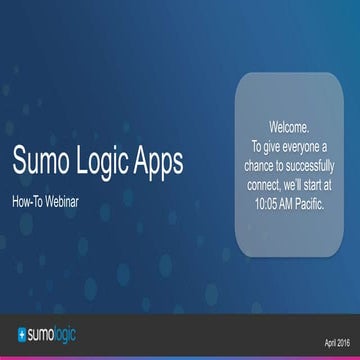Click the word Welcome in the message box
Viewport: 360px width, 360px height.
(290, 128)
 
